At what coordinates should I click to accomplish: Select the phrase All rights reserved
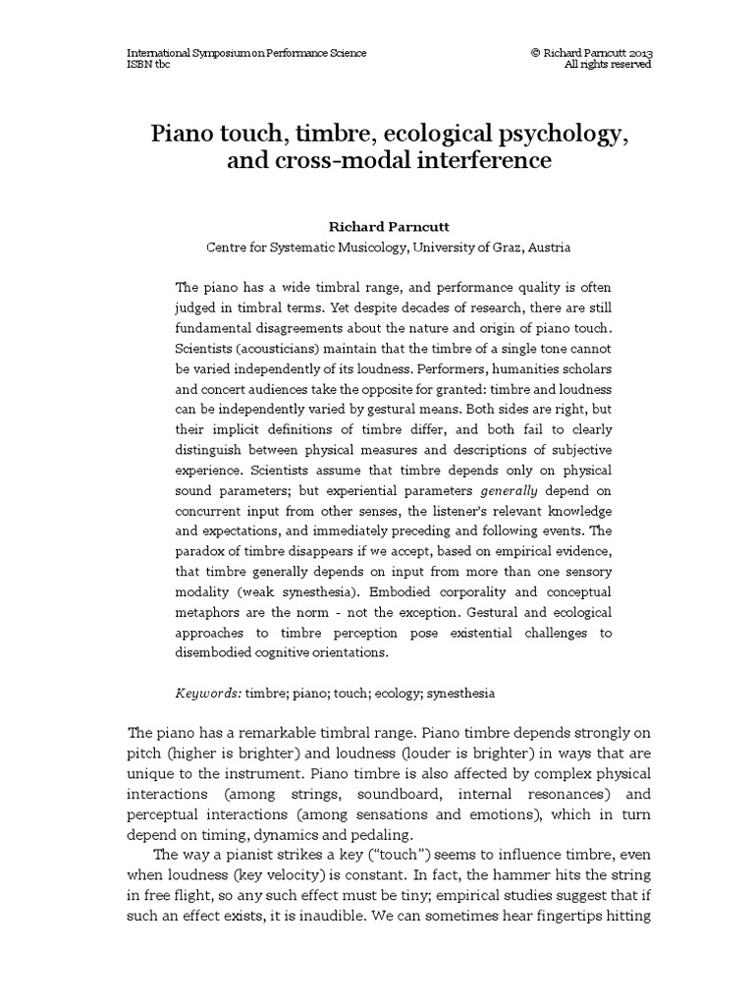coord(609,65)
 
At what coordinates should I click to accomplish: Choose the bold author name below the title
coord(377,226)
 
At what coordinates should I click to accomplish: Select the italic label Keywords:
coord(208,693)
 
